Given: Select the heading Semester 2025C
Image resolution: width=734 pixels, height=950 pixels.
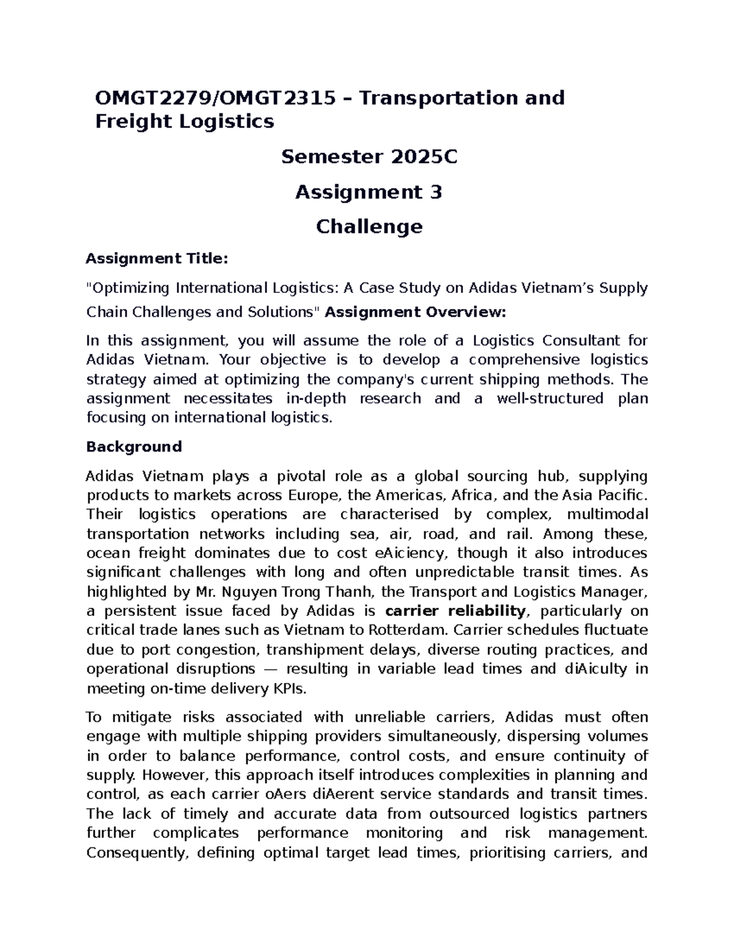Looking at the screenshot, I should coord(369,157).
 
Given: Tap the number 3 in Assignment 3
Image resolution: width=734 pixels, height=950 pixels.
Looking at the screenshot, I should coord(436,192).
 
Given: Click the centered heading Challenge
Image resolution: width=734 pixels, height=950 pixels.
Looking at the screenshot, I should coord(369,227).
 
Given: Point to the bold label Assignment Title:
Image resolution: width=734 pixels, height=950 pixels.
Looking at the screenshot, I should coord(157,259).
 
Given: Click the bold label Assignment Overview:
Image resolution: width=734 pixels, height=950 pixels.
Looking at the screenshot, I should coord(415,312).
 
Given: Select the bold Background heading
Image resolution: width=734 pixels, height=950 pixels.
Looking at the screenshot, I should coord(134,447).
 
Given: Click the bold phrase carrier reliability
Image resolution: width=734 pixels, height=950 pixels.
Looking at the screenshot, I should coord(455,610).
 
